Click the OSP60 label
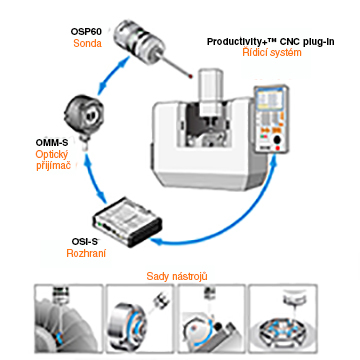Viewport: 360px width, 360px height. pyautogui.click(x=86, y=32)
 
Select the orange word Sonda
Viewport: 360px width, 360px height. pyautogui.click(x=87, y=43)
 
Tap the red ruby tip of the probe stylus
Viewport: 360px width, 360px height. pyautogui.click(x=190, y=76)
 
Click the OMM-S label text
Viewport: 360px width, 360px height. pyautogui.click(x=52, y=143)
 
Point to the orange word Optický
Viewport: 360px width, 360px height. pyautogui.click(x=52, y=155)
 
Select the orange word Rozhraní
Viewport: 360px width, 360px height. pyautogui.click(x=86, y=253)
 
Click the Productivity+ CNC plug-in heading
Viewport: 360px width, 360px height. pyautogui.click(x=271, y=42)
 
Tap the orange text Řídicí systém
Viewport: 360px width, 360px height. pyautogui.click(x=272, y=52)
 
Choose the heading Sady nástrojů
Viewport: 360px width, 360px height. pyautogui.click(x=177, y=276)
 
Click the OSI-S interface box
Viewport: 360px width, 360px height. pyautogui.click(x=127, y=222)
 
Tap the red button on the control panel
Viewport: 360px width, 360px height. pyautogui.click(x=277, y=148)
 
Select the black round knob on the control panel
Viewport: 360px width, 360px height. pyautogui.click(x=277, y=140)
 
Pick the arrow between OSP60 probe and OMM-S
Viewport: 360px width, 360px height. pyautogui.click(x=112, y=75)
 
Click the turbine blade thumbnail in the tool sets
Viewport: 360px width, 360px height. pyautogui.click(x=68, y=319)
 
